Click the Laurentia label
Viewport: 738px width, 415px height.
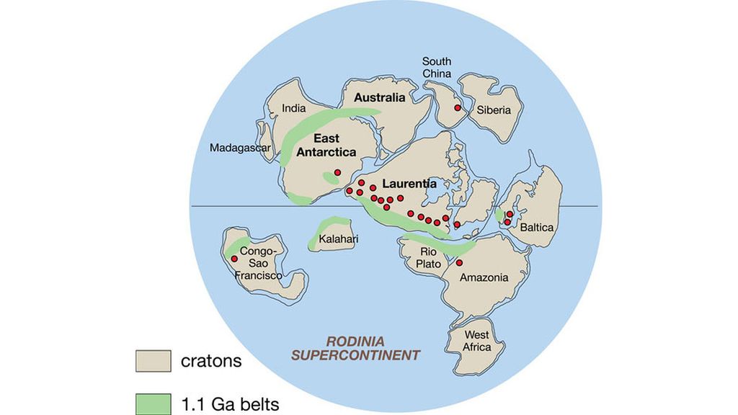pos(409,184)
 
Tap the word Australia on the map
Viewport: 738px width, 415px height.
pos(381,98)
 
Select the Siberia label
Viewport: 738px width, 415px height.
pos(493,110)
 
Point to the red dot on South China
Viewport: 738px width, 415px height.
pos(457,108)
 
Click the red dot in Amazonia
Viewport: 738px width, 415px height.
pos(459,262)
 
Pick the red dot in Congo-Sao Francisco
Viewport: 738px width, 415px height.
pos(234,259)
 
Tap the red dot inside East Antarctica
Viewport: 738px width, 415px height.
pos(337,173)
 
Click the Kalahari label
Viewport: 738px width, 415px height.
pos(334,238)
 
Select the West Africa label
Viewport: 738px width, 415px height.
pos(476,341)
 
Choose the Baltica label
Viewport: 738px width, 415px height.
pos(538,227)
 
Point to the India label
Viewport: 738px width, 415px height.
pos(293,109)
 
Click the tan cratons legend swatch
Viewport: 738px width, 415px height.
pos(153,361)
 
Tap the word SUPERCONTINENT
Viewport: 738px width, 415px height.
pos(355,354)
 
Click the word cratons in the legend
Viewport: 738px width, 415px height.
pos(210,361)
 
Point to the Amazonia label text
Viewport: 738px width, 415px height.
pos(484,277)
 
